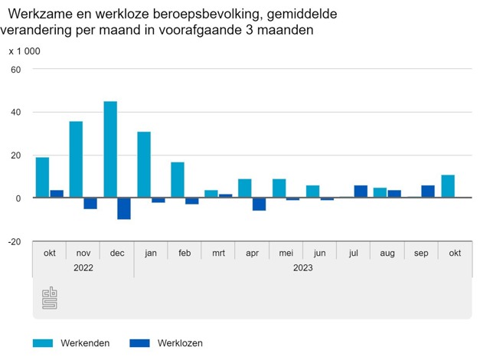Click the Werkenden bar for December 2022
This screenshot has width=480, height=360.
tap(110, 149)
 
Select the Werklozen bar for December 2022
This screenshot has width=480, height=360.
tap(124, 208)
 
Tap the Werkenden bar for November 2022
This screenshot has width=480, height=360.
tap(76, 159)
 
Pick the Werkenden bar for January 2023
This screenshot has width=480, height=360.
tap(144, 165)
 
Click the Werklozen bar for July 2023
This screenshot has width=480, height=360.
tap(361, 191)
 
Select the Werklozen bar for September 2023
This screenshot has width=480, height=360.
tap(428, 191)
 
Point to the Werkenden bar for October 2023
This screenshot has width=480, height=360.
tap(448, 186)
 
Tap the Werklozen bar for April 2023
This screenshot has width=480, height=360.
tap(259, 204)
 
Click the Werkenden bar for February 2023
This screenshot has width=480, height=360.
tap(178, 180)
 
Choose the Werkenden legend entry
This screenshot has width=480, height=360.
tap(72, 343)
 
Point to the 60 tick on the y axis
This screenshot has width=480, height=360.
tap(15, 70)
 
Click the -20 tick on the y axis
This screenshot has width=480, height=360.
tap(14, 241)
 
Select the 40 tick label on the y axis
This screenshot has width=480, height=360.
tap(15, 113)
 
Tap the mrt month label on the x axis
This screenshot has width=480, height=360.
tap(218, 252)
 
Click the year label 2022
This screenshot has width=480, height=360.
tap(83, 268)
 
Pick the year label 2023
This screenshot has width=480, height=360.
tap(302, 268)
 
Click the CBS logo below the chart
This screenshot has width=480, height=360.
tap(49, 298)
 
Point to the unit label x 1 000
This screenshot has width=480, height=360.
tap(24, 51)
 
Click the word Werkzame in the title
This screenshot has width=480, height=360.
tap(44, 15)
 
